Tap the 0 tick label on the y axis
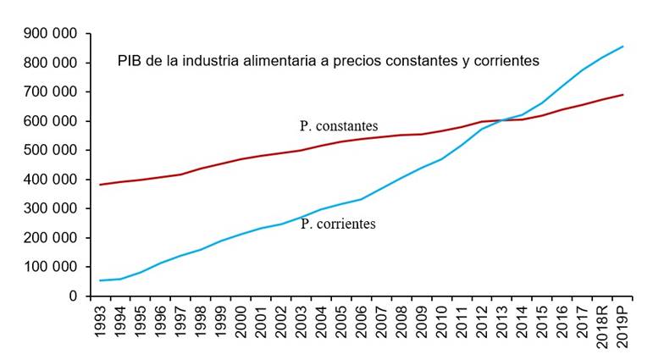click(73, 296)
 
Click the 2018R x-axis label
click(603, 325)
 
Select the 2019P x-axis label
click(623, 325)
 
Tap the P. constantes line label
click(338, 125)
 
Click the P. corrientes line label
click(338, 224)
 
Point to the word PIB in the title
click(128, 61)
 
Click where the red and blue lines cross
click(502, 120)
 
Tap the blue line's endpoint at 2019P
click(623, 47)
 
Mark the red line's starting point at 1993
click(102, 185)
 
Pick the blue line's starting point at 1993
click(102, 280)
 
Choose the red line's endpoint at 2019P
click(623, 94)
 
